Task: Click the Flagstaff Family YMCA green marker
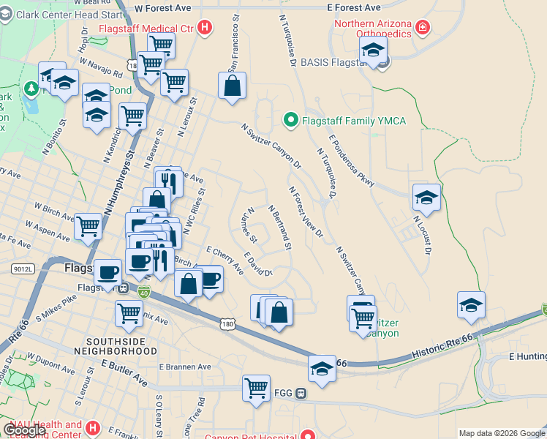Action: tap(291, 120)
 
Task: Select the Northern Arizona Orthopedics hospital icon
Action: tap(422, 29)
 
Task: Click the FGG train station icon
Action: tap(301, 393)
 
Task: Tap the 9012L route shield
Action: tap(23, 269)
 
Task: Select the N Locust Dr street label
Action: tap(422, 234)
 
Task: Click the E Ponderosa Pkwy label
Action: tap(351, 160)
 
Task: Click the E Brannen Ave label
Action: tap(185, 367)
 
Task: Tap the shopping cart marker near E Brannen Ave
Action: tap(257, 388)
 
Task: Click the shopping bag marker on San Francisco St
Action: tap(232, 85)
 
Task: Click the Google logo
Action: tap(25, 431)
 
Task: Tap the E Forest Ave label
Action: tap(354, 7)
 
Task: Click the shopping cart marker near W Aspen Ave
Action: tap(88, 227)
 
